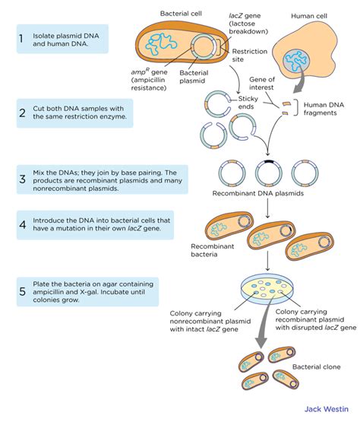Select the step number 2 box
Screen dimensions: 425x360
point(24,113)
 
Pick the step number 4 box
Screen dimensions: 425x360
point(24,226)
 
